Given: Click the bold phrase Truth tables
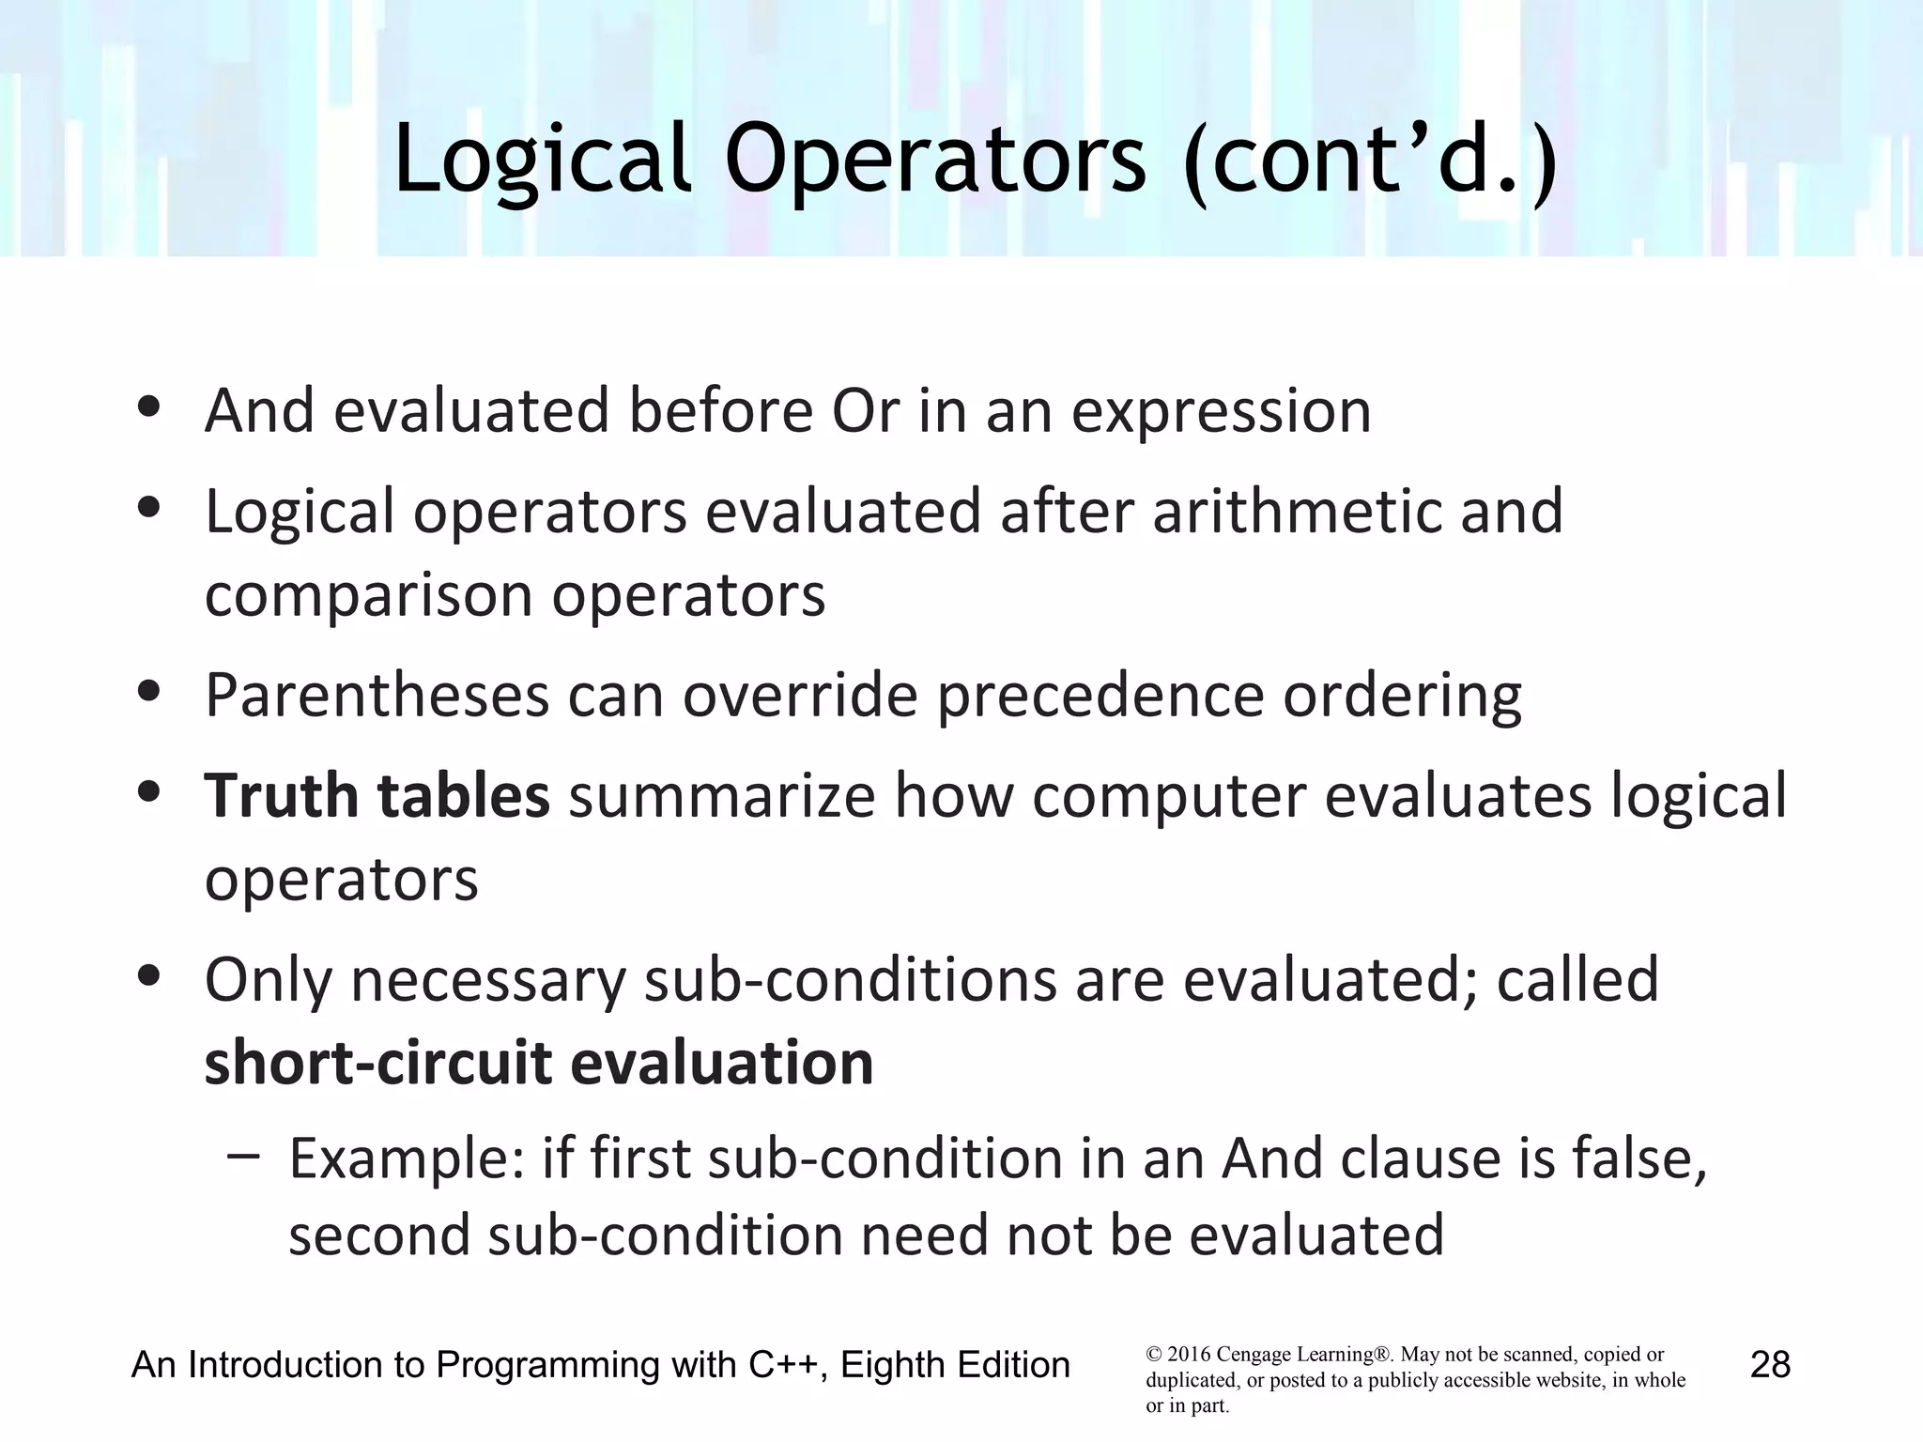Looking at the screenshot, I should [377, 795].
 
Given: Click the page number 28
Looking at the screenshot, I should [1770, 1364].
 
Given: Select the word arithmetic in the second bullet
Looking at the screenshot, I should [1297, 512].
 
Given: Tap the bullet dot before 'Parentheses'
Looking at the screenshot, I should [148, 692].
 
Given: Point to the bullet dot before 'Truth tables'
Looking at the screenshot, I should [148, 791].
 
